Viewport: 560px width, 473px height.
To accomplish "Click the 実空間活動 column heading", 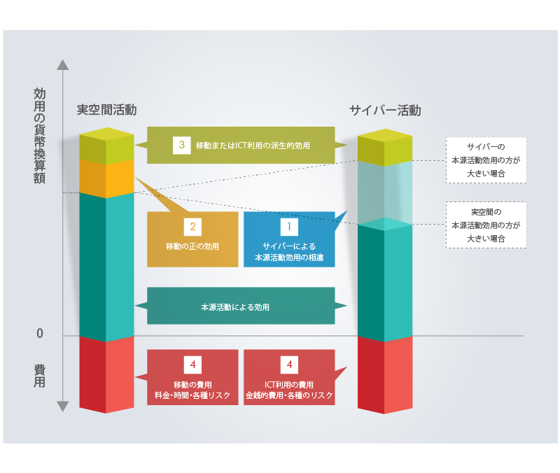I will [x=106, y=110].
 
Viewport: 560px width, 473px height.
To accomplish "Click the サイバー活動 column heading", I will [x=385, y=110].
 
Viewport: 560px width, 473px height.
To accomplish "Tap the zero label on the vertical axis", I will [x=40, y=334].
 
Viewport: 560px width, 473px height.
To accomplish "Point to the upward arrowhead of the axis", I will [x=62, y=65].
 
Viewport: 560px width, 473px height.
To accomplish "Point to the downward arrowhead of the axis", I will [x=62, y=406].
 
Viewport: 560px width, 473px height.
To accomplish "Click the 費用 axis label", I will [x=40, y=376].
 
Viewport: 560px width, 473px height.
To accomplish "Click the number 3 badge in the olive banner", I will [x=182, y=145].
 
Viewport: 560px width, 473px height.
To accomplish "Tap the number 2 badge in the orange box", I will [x=192, y=227].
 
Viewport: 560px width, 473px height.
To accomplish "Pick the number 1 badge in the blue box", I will [x=289, y=227].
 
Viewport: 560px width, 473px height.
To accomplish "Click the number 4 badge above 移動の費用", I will [x=192, y=365].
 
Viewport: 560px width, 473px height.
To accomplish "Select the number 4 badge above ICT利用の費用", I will [x=289, y=365].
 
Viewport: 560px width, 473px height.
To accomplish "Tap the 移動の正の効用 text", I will [x=192, y=246].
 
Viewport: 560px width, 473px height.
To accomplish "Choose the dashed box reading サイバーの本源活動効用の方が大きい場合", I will [x=486, y=160].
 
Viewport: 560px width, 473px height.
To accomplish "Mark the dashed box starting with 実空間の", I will [x=486, y=225].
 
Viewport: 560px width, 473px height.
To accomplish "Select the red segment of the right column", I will [x=385, y=374].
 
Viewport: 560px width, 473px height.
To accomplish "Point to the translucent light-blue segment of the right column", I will [x=385, y=192].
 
